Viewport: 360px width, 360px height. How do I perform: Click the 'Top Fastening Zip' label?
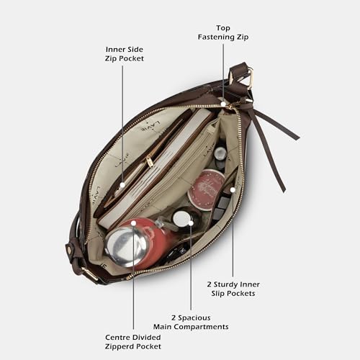(223, 32)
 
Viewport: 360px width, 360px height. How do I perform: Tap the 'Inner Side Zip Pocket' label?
(125, 54)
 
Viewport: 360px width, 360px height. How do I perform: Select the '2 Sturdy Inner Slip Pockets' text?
(233, 289)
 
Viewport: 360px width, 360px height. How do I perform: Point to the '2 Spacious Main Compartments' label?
(191, 323)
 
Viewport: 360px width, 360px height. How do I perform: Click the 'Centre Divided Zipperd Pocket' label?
(133, 342)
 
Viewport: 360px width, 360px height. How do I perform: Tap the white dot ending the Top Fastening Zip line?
(223, 104)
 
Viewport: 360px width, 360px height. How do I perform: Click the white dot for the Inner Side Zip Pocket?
(122, 185)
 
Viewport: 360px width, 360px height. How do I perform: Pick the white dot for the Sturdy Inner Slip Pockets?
(233, 190)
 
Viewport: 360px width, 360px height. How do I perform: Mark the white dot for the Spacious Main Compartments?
(191, 223)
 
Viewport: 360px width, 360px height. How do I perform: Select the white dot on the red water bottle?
(134, 223)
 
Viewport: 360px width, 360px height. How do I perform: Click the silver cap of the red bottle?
(125, 247)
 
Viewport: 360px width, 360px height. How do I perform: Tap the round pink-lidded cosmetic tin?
(207, 189)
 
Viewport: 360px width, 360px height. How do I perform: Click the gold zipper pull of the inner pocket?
(150, 161)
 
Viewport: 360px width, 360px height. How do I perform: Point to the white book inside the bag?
(156, 168)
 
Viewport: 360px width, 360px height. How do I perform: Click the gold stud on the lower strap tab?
(70, 250)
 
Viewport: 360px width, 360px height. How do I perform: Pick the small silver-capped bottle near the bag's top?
(220, 156)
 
